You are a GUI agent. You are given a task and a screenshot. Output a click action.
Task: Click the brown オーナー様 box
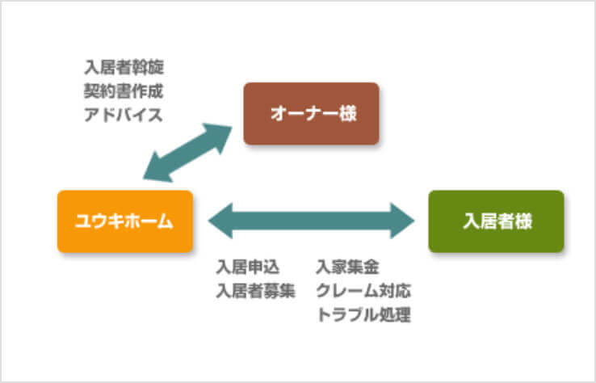311,114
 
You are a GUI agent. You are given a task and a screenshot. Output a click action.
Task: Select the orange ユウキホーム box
124,221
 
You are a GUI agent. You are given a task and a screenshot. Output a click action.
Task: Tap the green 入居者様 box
495,221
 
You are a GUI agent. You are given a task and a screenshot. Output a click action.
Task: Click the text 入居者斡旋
124,65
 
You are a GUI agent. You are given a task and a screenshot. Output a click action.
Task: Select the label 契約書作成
124,90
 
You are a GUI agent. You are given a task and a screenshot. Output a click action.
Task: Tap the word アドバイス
124,114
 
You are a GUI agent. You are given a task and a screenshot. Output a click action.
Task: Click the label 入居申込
248,267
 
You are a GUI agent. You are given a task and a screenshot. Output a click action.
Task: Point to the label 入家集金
347,267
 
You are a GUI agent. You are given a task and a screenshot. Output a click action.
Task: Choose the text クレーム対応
363,291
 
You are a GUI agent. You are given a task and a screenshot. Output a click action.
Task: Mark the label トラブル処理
363,315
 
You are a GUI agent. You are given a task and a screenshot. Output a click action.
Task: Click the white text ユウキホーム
124,221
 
